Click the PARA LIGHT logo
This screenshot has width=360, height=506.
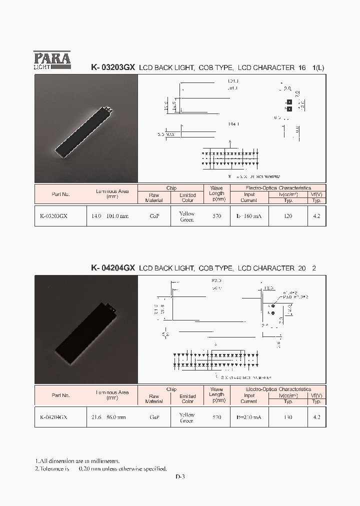click(x=52, y=60)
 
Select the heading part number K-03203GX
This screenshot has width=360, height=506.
click(x=113, y=67)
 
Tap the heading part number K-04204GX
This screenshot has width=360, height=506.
click(x=113, y=268)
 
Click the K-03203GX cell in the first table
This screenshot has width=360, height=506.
click(x=53, y=216)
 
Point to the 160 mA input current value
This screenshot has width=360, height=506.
click(x=249, y=216)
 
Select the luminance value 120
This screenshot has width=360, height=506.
click(x=288, y=216)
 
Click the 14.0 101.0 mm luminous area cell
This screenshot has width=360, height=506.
click(x=110, y=216)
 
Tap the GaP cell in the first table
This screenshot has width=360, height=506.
click(x=154, y=216)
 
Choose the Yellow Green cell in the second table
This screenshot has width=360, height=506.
click(x=187, y=417)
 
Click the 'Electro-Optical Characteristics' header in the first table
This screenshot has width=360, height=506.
click(x=278, y=188)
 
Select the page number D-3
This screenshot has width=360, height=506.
click(x=180, y=476)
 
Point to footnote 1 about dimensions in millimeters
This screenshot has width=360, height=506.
click(x=77, y=460)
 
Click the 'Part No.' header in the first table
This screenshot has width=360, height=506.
click(x=60, y=194)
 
